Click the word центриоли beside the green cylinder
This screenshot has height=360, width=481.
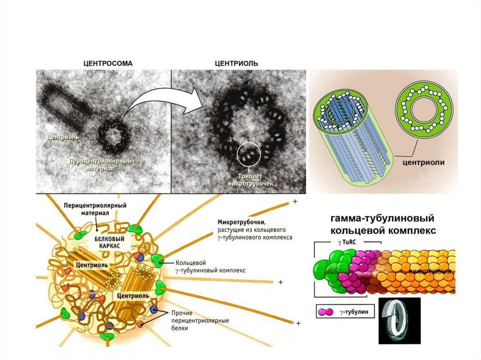point(418,162)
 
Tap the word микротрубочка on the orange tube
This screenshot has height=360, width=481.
point(430,272)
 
